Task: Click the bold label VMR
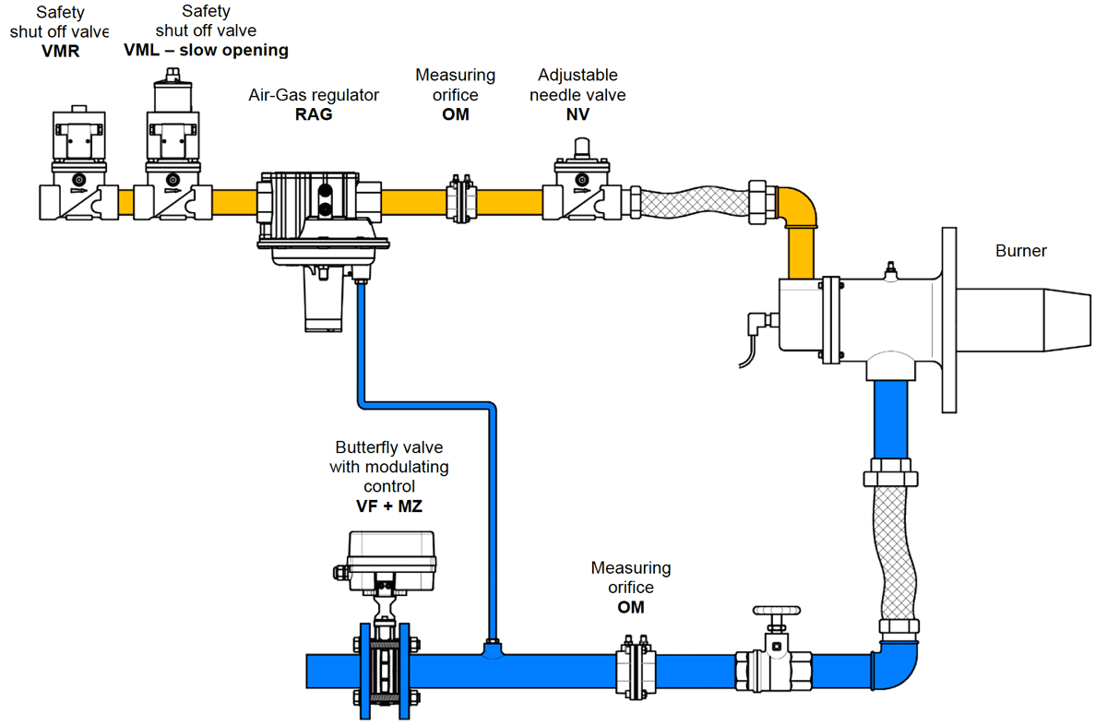61,51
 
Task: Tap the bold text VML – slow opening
206,51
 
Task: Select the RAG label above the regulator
314,114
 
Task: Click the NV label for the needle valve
577,114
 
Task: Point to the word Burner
1021,251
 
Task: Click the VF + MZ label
388,506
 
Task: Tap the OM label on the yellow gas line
455,114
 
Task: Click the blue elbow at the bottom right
896,669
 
